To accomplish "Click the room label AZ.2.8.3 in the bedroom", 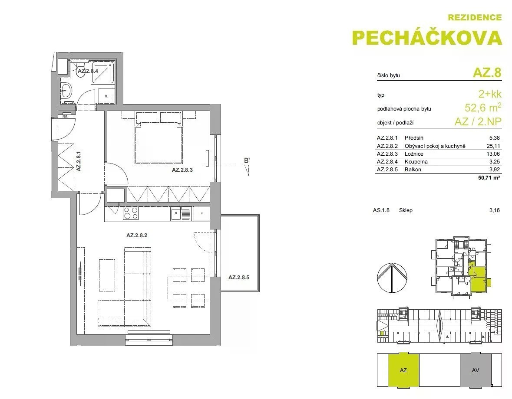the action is (x=182, y=170).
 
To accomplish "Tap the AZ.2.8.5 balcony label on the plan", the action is (x=239, y=278).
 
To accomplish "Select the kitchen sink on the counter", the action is (x=181, y=214).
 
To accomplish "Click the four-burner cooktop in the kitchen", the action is (x=130, y=213).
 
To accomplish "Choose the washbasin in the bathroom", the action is (x=66, y=89).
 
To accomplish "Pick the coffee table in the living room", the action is (x=107, y=275).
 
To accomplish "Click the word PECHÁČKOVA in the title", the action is (x=427, y=38).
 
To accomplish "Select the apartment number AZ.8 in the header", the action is (x=487, y=72).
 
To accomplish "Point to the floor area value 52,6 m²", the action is (x=483, y=107).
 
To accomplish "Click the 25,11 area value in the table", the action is (x=493, y=146).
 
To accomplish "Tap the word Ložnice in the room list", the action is (x=414, y=154).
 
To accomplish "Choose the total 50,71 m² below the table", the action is (x=489, y=178).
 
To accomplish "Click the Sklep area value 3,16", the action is (x=494, y=210).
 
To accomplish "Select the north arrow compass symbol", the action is (x=392, y=278).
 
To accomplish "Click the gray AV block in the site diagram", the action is (x=476, y=370).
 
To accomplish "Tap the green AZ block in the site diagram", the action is (x=403, y=370).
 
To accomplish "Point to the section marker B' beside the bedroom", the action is (x=247, y=160).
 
